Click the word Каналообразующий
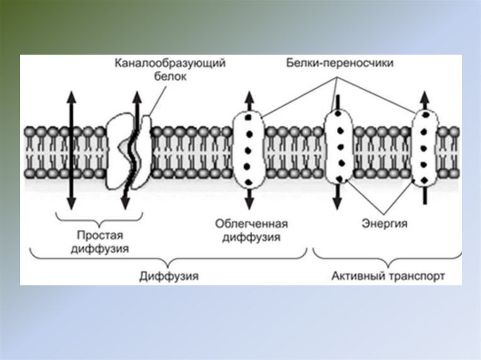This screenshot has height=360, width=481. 171,63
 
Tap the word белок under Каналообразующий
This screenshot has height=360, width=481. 170,77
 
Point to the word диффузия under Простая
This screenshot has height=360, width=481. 100,248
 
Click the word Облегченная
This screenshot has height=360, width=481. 251,223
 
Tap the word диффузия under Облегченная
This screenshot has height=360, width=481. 251,237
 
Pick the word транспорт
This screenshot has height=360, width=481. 417,276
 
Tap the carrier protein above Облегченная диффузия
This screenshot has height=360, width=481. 249,149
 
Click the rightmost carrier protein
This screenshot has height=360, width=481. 425,146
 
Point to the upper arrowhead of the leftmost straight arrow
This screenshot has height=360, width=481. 70,96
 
